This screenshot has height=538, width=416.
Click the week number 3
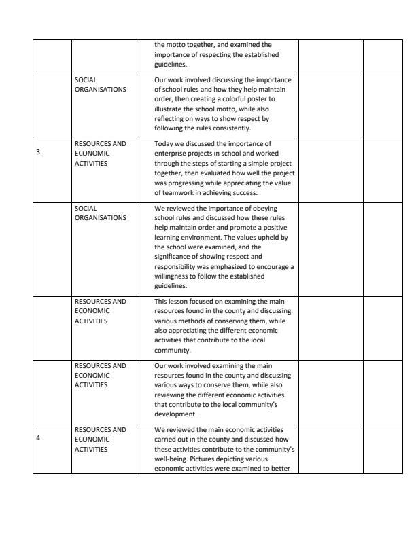coord(38,152)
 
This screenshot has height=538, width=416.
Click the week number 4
coord(38,437)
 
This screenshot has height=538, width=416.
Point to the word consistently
coord(232,128)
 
